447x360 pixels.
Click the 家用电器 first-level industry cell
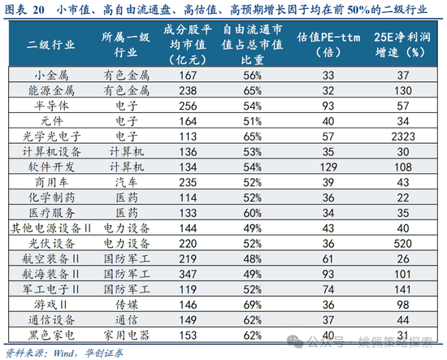[x=126, y=333]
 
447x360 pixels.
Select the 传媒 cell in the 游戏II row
[x=126, y=305]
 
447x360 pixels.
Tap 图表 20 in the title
[x=26, y=10]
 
